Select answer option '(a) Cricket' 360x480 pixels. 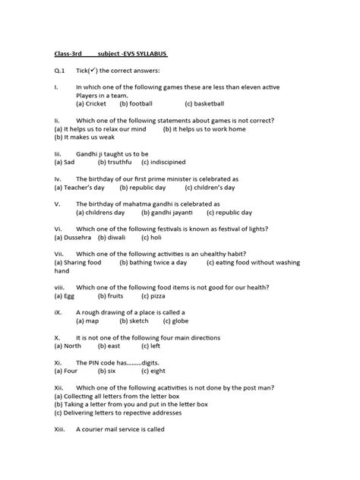[91, 103]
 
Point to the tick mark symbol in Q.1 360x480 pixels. [95, 71]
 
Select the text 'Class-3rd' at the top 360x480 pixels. [70, 54]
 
